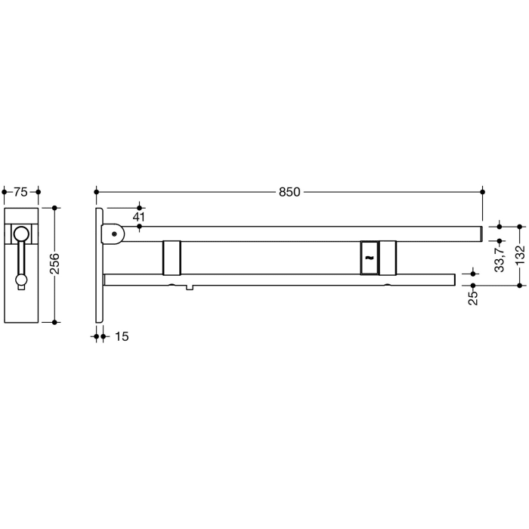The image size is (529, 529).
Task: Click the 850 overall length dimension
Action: coord(289,192)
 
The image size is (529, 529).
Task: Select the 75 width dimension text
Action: coord(21,192)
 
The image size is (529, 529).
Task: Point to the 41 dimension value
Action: coord(138,217)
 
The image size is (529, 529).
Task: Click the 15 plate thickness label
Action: coord(121,336)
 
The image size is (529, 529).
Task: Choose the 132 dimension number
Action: coord(520,256)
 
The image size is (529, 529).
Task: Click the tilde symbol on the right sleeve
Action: coord(369,258)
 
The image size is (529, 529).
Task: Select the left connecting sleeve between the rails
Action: coord(172,258)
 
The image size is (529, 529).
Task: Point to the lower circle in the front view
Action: coord(21,281)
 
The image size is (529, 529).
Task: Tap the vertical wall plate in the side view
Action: coord(99,264)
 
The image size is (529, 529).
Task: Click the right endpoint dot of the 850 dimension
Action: coord(483,192)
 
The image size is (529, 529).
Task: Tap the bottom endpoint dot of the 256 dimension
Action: coord(55,321)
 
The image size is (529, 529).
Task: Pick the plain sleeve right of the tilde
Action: coord(388,258)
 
